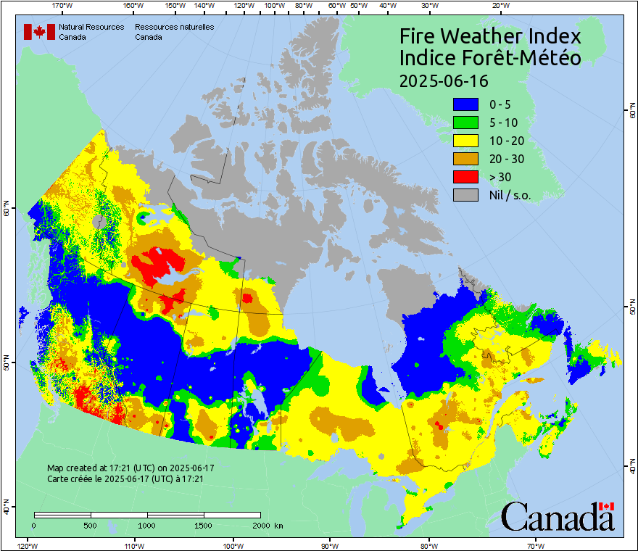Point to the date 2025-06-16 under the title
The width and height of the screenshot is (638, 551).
[444, 80]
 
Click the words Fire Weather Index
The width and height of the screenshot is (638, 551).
[490, 36]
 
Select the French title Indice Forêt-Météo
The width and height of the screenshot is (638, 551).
[490, 58]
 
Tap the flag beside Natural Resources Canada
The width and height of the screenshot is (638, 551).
[39, 32]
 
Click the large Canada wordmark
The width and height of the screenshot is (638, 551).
[558, 518]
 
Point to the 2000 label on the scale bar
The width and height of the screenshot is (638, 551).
[260, 525]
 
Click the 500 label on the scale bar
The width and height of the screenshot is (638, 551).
[91, 525]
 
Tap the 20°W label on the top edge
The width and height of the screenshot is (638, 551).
[499, 5]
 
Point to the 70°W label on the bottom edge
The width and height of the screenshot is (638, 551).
[536, 545]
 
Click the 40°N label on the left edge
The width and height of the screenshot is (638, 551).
[6, 510]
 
